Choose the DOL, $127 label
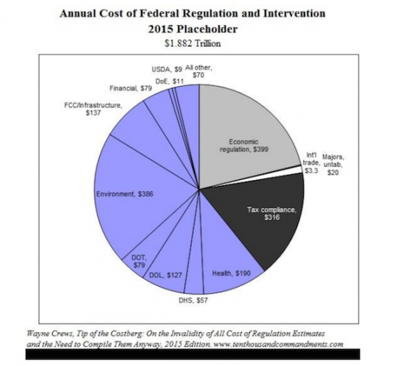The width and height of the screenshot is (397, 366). tap(165, 276)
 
